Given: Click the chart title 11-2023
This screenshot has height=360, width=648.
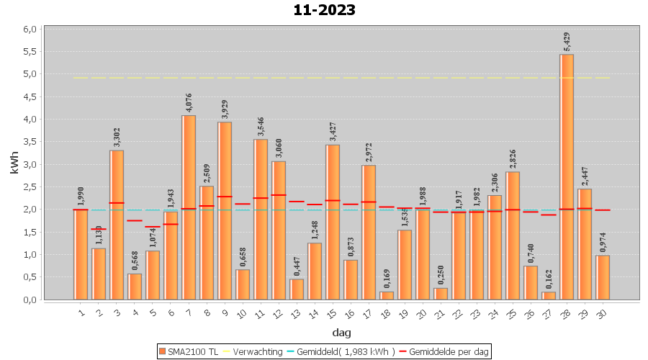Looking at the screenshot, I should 324,10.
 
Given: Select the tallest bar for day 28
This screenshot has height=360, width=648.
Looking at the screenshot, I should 567,176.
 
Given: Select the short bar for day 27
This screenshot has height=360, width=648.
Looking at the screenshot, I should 549,295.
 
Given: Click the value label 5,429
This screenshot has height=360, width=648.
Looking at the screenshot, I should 567,43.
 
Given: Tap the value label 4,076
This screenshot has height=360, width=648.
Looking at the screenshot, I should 189,103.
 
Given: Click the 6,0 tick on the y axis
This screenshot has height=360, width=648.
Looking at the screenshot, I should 30,29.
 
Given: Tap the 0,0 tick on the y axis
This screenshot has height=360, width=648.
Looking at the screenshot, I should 30,300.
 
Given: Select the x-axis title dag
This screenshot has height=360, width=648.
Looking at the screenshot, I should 341,332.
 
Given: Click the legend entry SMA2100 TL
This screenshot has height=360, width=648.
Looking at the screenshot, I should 189,351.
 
